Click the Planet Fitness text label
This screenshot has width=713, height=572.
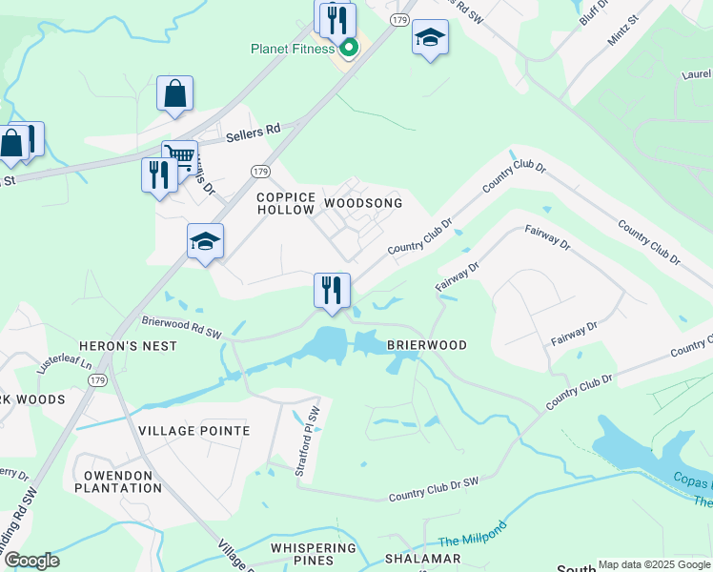pos(293,49)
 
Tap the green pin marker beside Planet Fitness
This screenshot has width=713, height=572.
pos(349,47)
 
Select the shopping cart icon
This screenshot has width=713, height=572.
pos(179,155)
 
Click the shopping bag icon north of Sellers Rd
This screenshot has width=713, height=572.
pos(175,93)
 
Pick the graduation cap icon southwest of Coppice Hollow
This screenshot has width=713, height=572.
pos(205,241)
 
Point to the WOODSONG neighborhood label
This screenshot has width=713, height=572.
pos(363,204)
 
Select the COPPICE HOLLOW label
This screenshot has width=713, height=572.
pos(286,203)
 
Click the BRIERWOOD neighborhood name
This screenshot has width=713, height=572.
pos(427,345)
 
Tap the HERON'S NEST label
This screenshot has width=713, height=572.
pos(134,346)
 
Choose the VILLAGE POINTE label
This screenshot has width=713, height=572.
pos(194,431)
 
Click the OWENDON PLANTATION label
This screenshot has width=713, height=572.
pos(123,481)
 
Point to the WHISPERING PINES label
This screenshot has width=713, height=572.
pos(313,555)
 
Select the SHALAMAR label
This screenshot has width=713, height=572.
pos(422,559)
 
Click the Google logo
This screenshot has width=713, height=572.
pos(31,561)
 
